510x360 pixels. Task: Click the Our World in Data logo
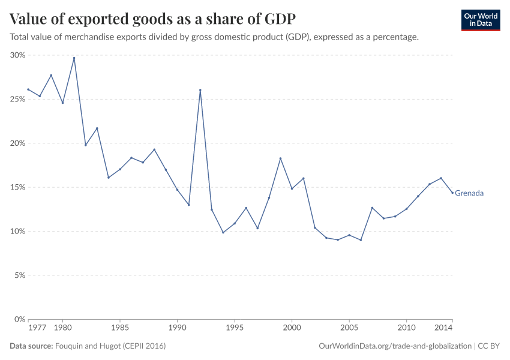[x=480, y=20]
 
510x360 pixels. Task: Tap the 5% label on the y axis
[x=19, y=275]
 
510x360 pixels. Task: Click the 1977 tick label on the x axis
[x=37, y=328]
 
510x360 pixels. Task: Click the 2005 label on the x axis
[x=349, y=328]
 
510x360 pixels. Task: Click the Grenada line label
[x=469, y=193]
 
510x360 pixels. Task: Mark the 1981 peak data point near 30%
[x=74, y=58]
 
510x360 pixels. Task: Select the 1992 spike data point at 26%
[x=200, y=90]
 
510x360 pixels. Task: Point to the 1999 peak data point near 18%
[x=280, y=158]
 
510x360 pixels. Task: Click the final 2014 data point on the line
[x=452, y=193]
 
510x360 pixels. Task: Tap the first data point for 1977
[x=28, y=89]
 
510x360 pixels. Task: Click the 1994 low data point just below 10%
[x=223, y=232]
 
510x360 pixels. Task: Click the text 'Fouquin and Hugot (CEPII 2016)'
[x=110, y=346]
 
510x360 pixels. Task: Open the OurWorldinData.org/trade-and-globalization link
[x=395, y=346]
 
